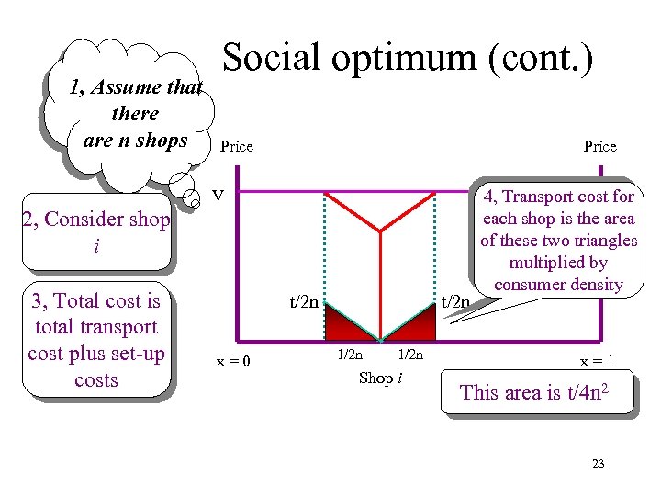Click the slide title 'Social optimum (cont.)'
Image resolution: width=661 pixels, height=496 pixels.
click(x=408, y=58)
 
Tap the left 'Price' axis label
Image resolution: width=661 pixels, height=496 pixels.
click(x=237, y=147)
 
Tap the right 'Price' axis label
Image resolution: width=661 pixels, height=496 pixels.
click(x=600, y=147)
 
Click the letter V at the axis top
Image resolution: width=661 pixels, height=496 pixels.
click(x=218, y=195)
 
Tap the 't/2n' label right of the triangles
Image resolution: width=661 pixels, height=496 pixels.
click(x=456, y=300)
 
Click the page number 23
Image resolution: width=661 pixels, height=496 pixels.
click(x=599, y=464)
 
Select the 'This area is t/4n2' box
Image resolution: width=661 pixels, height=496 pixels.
click(x=538, y=393)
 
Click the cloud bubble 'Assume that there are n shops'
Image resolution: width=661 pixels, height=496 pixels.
click(x=135, y=114)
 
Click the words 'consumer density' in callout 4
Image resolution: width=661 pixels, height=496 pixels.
click(x=558, y=285)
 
